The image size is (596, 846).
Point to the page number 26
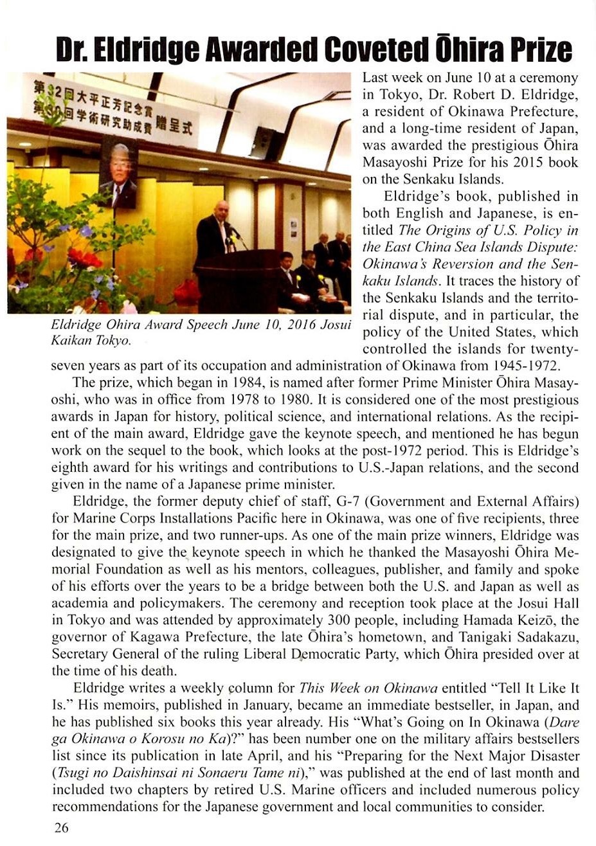[61, 827]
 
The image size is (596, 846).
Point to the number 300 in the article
[338, 621]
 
